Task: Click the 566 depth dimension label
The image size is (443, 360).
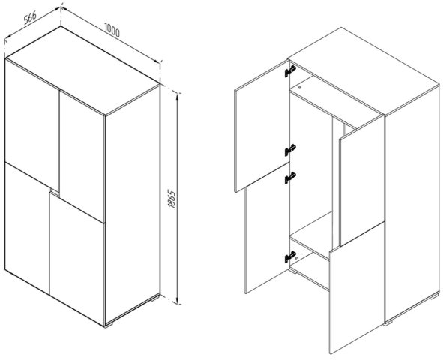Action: tap(30, 18)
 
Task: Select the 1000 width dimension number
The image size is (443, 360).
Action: tap(112, 30)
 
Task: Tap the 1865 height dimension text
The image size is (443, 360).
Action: tap(172, 199)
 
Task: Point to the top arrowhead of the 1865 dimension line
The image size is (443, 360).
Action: tap(177, 95)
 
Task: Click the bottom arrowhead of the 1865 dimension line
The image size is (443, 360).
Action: tap(177, 301)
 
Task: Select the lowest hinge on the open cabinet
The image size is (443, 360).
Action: tap(290, 257)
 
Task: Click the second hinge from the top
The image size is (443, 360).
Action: tap(290, 150)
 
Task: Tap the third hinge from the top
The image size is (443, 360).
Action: tap(290, 178)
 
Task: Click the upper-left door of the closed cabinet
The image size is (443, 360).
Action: tap(32, 124)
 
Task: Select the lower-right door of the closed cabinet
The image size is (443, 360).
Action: tap(77, 258)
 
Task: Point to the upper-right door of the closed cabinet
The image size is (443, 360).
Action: tap(82, 155)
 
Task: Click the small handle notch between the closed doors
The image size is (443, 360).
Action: tap(54, 191)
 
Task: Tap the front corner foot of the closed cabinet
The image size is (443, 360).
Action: tap(109, 325)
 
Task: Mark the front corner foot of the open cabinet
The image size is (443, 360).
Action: tap(388, 322)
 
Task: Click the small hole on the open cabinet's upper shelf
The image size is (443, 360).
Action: tap(300, 87)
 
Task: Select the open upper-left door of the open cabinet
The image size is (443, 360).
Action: tap(262, 126)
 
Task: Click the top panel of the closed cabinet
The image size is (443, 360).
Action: tap(82, 70)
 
